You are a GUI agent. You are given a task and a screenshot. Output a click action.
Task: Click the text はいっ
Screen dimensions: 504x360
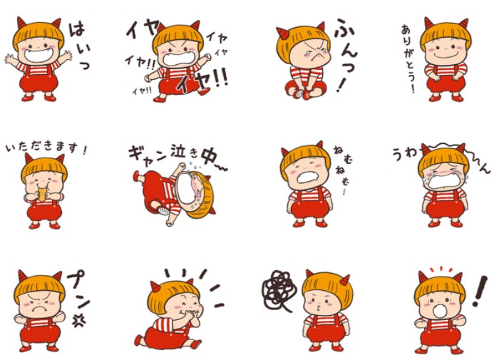[79, 46]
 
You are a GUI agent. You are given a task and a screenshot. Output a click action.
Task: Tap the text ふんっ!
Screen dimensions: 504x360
[346, 55]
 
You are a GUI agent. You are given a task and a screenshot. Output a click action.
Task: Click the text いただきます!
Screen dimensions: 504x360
[46, 148]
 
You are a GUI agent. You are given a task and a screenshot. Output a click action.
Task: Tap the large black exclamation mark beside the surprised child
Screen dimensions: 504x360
[480, 291]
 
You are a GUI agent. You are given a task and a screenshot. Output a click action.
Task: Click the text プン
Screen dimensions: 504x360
[78, 289]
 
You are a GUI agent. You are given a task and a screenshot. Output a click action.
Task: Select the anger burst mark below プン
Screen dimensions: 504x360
[78, 320]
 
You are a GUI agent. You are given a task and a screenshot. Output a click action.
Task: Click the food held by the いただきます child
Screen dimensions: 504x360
[43, 195]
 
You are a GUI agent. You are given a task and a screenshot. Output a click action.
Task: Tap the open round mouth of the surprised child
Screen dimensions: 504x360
[439, 311]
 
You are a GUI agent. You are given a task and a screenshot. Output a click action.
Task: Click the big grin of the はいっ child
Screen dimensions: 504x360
[38, 55]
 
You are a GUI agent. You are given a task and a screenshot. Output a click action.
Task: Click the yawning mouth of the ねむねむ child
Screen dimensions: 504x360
[307, 177]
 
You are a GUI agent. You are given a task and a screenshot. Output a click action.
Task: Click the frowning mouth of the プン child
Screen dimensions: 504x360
[39, 309]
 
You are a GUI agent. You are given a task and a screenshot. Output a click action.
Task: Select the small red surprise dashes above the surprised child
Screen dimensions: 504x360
[441, 269]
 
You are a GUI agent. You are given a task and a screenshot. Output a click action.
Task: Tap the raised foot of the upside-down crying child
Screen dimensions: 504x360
[137, 176]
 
